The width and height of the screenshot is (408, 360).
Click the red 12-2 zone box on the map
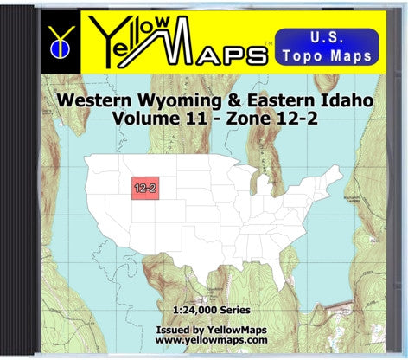click(144, 186)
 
